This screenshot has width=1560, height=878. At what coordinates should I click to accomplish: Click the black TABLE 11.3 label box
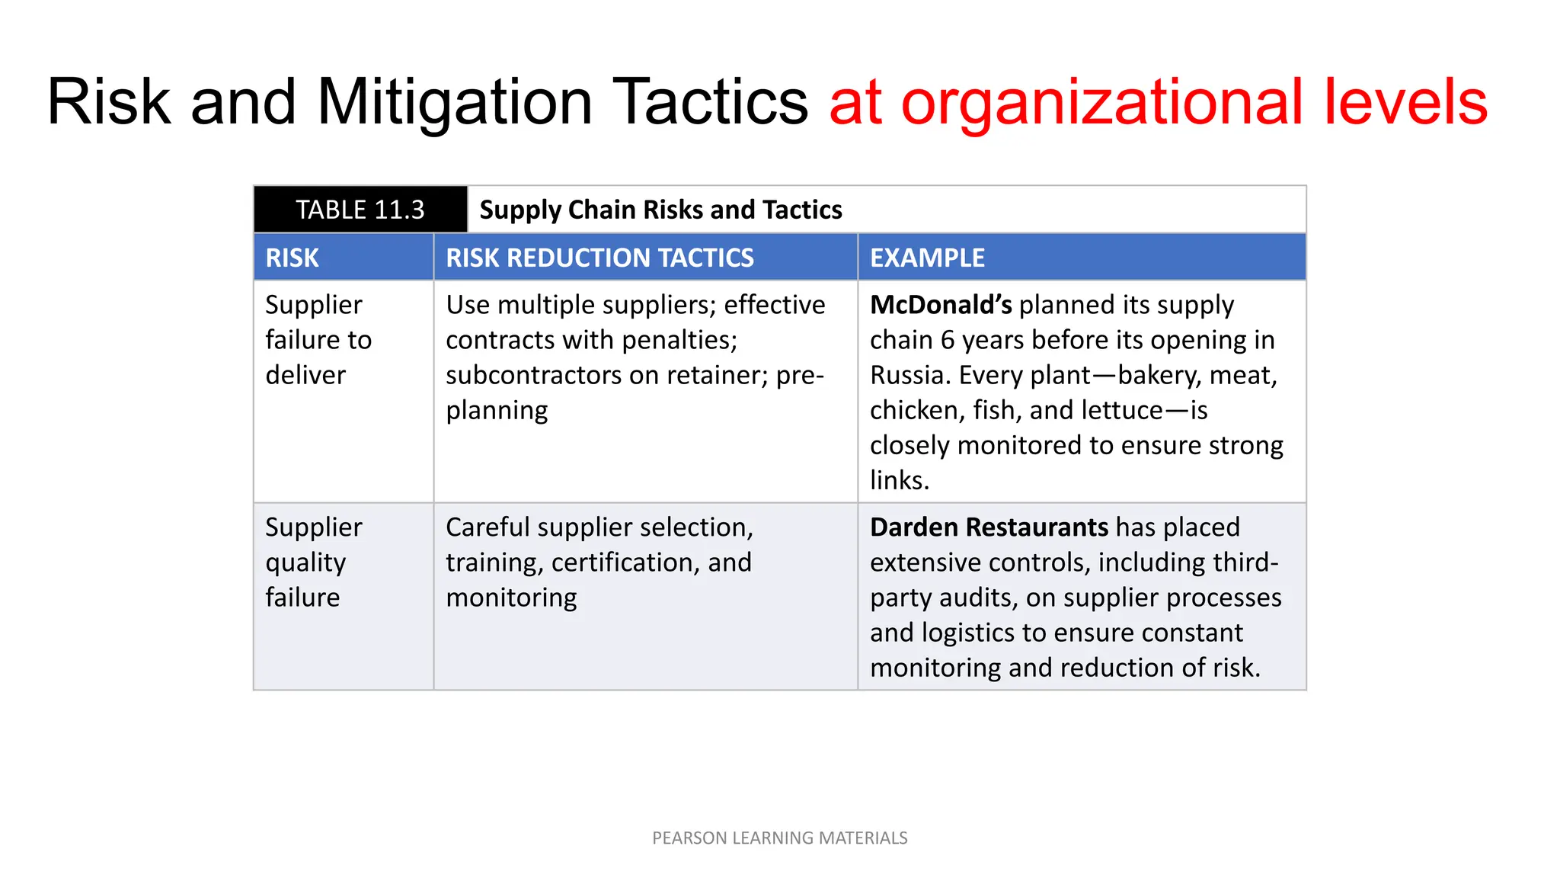[x=360, y=210]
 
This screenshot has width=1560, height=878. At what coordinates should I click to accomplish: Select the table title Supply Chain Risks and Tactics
[x=660, y=210]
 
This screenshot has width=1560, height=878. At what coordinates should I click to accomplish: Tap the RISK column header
[x=292, y=258]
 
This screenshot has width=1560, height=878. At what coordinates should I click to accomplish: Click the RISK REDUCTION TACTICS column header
[x=599, y=258]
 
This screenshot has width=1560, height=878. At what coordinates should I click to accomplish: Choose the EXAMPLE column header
[x=927, y=258]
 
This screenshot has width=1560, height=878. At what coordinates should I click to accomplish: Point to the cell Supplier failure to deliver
[x=318, y=340]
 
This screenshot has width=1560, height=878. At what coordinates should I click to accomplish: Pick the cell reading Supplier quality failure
[x=314, y=562]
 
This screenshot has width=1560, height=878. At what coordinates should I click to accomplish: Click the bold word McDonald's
[x=941, y=305]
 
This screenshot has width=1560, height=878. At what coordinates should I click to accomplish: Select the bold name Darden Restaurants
[x=989, y=527]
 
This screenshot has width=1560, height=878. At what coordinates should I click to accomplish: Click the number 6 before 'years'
[x=948, y=340]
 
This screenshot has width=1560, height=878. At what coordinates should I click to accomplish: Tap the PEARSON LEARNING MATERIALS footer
[x=780, y=838]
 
